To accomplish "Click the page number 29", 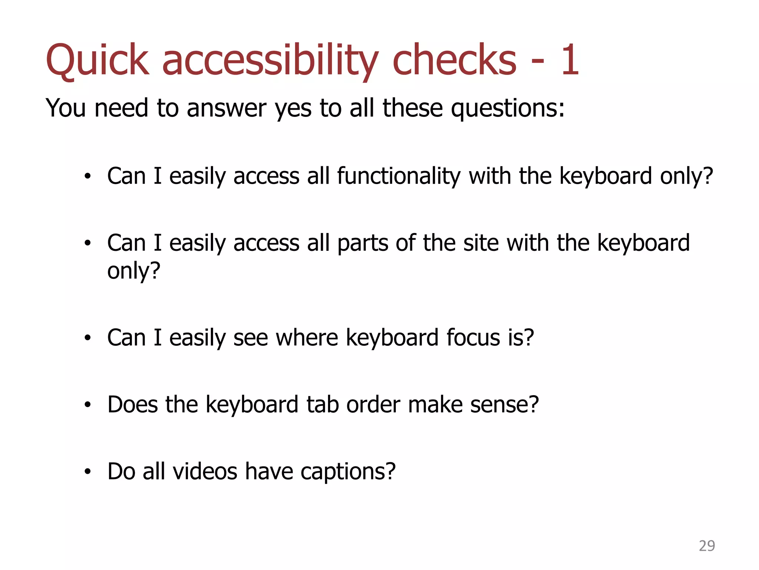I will (x=707, y=546).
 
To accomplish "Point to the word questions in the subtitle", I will (x=507, y=108).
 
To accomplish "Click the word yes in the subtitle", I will (x=293, y=108).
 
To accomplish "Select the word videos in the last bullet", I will (x=205, y=471).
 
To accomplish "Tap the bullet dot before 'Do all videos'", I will (x=87, y=472).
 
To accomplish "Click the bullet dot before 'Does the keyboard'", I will (x=87, y=404).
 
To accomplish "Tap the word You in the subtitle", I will (x=66, y=108).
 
